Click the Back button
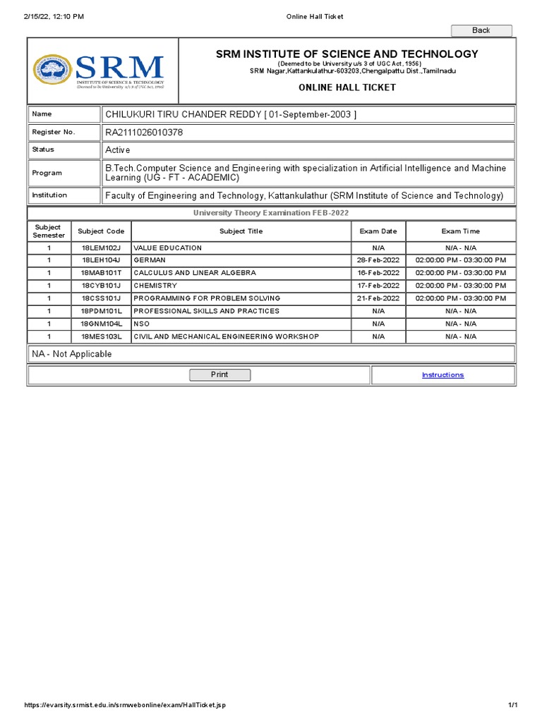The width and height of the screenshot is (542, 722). tap(481, 30)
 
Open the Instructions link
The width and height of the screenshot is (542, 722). tap(442, 375)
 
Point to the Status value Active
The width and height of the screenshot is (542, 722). tap(118, 149)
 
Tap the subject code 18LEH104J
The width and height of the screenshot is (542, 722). tap(101, 260)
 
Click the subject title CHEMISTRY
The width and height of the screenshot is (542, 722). tap(155, 286)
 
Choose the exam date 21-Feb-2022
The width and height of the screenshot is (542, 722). tap(378, 298)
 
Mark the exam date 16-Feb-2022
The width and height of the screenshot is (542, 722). tap(378, 273)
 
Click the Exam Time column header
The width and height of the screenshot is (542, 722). tap(461, 231)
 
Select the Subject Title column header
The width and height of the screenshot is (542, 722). tap(241, 231)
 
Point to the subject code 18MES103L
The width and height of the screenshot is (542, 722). tap(101, 336)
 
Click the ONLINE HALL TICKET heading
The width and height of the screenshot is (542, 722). tap(347, 87)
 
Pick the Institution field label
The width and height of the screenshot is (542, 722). tap(49, 195)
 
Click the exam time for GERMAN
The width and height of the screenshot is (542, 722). tap(461, 260)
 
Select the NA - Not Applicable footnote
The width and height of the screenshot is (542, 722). tap(72, 354)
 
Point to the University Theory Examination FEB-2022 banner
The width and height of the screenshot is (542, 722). tap(271, 213)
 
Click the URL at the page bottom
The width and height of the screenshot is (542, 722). tap(125, 705)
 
